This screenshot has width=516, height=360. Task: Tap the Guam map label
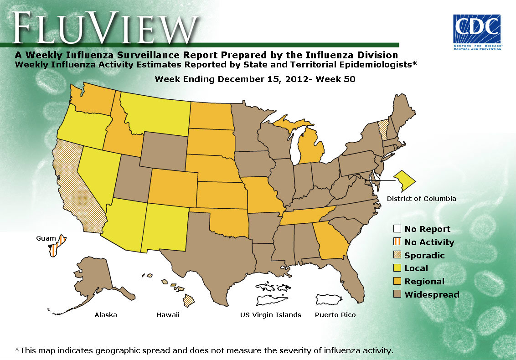coord(46,238)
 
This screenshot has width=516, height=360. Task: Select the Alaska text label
coord(106,315)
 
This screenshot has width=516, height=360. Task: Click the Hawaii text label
coord(168,315)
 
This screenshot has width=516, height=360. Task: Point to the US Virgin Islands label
coord(271,315)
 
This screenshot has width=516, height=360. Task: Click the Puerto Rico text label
coord(335,315)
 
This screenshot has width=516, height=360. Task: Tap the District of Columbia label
coord(421,199)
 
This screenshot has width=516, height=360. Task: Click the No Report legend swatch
coord(397,229)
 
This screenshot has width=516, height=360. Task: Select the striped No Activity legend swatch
coord(397,242)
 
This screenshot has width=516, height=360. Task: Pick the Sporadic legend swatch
coord(397,256)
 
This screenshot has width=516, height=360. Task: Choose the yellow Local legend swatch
coord(397,268)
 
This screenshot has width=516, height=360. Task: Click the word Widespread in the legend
coord(432,295)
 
